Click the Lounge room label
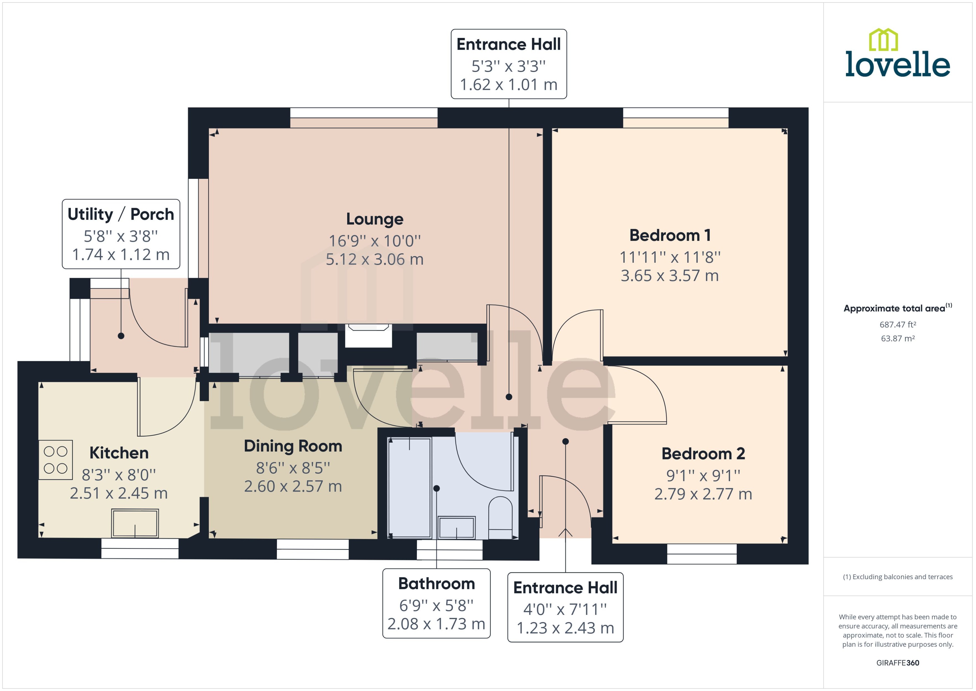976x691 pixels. click(x=375, y=219)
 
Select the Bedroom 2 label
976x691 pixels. click(x=703, y=454)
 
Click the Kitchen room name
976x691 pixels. click(x=119, y=453)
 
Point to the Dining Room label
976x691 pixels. click(x=293, y=446)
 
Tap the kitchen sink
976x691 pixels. click(x=135, y=523)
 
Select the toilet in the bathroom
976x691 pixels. click(x=501, y=518)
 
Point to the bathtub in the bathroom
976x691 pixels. click(x=410, y=488)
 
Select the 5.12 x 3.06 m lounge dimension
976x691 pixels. click(x=375, y=259)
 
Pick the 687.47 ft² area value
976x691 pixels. click(x=898, y=325)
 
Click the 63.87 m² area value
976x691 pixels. click(x=898, y=339)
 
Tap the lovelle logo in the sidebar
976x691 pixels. click(x=898, y=53)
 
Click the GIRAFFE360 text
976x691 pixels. click(x=898, y=663)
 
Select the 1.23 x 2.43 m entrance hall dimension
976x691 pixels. click(x=566, y=628)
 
